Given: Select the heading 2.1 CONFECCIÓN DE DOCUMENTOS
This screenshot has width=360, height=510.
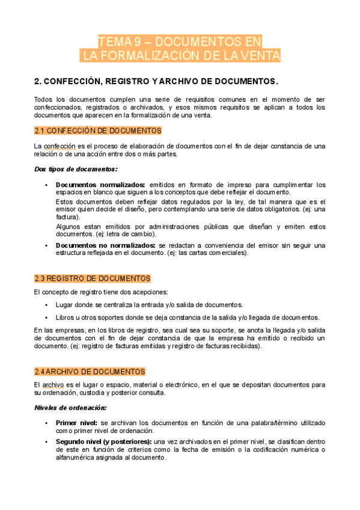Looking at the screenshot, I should point(97,130).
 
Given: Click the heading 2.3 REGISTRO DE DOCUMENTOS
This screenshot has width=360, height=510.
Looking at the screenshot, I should point(92,278).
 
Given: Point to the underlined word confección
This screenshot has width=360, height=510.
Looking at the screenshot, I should point(59,146).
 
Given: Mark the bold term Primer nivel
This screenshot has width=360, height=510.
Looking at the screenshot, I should point(77,423).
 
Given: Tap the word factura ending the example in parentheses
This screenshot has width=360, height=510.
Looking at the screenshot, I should point(65,217).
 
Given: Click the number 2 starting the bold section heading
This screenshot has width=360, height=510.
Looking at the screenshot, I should point(37,81).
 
